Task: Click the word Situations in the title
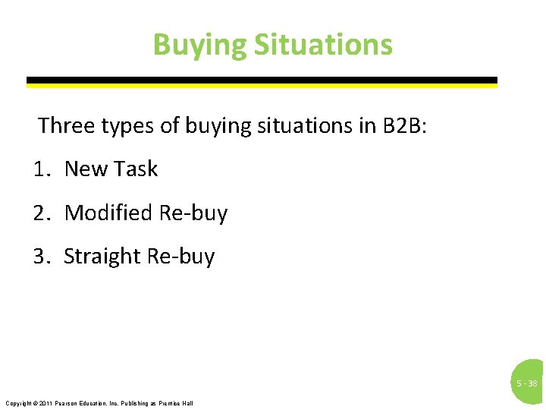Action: point(323,45)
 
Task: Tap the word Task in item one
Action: point(137,169)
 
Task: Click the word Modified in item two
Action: point(108,213)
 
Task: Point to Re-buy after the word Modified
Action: point(193,213)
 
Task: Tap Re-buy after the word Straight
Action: point(180,257)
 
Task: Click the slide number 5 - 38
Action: point(527,383)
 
